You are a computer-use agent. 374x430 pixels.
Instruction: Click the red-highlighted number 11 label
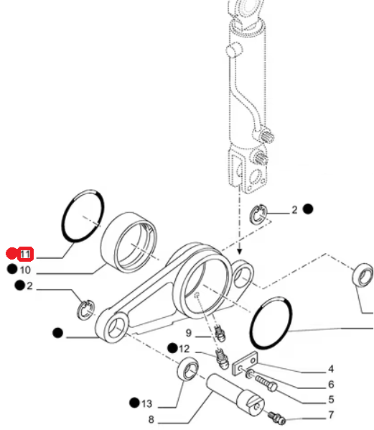point(25,255)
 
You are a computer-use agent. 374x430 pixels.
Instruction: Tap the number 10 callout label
point(25,270)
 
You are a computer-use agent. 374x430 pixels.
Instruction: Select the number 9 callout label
point(188,333)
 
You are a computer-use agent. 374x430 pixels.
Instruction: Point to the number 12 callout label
point(184,349)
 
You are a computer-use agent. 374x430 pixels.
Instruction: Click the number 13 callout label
point(146,403)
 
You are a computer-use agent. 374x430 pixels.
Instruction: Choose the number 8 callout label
point(151,419)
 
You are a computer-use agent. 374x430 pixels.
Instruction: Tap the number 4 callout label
point(331,369)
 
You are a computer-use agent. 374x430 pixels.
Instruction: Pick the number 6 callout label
point(331,385)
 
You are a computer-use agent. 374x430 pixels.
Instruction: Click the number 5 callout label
point(331,400)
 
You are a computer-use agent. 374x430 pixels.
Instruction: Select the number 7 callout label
point(331,415)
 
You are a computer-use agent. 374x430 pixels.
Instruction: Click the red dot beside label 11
point(11,253)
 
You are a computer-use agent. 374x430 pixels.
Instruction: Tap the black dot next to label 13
point(134,403)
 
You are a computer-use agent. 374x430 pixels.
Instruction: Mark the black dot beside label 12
point(172,348)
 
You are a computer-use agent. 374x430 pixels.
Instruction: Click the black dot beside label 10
point(12,269)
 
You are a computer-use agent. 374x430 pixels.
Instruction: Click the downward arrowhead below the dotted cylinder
point(240,251)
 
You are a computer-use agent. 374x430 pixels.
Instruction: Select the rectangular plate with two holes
point(246,363)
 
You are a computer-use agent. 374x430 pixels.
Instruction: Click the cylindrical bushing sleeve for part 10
point(129,242)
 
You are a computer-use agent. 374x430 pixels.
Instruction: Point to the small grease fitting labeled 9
point(220,333)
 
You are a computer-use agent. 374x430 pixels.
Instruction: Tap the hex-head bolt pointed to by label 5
point(266,383)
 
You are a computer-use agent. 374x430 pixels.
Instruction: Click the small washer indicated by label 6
point(250,373)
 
